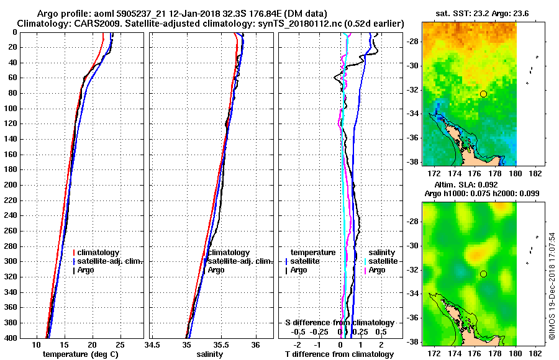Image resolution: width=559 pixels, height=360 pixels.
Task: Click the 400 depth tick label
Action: point(10,338)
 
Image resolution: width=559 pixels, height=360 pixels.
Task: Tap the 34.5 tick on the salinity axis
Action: point(153,344)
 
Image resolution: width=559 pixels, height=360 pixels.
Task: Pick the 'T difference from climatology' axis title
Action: point(339,354)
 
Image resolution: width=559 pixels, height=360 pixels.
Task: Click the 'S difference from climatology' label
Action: point(339,323)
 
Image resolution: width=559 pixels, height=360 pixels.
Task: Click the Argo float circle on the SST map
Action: point(483,94)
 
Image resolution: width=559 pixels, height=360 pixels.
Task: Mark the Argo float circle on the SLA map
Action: point(483,274)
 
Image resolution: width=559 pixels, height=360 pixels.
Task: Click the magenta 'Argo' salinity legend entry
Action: point(377,270)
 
